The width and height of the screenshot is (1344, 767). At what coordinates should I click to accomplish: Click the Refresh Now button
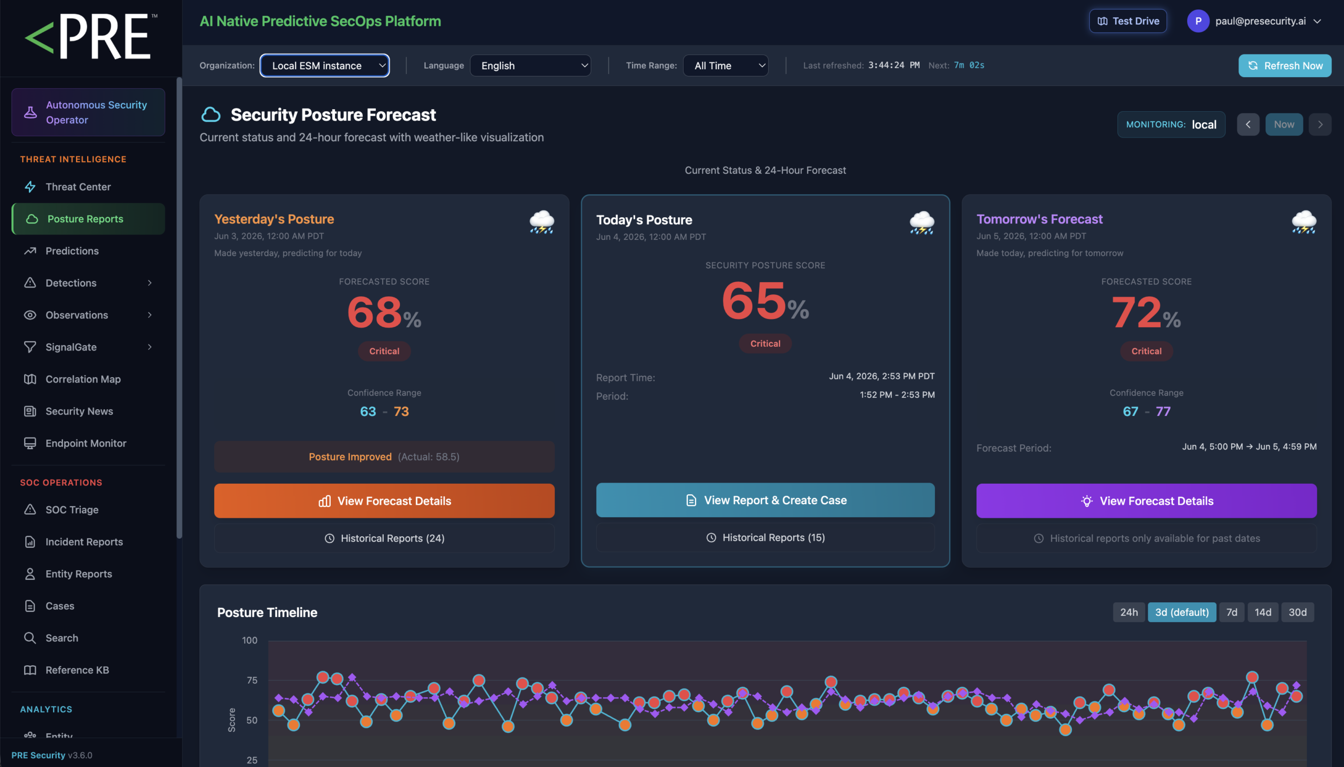(x=1285, y=66)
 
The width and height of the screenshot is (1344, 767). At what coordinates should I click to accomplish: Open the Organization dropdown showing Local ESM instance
(x=324, y=66)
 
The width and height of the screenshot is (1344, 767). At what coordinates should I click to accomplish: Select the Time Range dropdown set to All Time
(x=726, y=66)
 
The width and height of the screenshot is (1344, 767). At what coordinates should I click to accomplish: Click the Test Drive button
(x=1128, y=21)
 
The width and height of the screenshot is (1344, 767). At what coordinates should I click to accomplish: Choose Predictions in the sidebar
(x=72, y=251)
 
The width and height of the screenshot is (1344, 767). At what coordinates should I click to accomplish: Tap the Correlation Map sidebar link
(x=83, y=379)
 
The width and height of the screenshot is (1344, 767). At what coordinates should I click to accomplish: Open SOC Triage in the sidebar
(x=72, y=509)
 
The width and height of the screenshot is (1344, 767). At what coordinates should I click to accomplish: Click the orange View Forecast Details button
(x=384, y=500)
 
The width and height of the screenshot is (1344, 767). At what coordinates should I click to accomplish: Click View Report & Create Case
(x=765, y=500)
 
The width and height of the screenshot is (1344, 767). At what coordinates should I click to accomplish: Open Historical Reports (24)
(x=384, y=538)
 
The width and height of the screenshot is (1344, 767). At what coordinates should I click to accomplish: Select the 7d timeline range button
(x=1232, y=612)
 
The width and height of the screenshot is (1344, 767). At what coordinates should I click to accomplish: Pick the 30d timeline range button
(x=1298, y=612)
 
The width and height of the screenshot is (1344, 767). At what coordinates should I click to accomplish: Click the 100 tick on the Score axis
(x=249, y=640)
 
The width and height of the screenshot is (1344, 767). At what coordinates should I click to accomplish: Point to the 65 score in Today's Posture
(x=754, y=300)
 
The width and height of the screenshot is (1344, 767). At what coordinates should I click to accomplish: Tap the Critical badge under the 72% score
(x=1147, y=351)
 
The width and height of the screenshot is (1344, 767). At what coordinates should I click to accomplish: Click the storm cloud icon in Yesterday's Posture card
(x=542, y=222)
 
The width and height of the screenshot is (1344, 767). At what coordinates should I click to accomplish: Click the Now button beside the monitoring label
(x=1284, y=124)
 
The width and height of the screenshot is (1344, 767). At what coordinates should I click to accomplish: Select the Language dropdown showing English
(x=530, y=66)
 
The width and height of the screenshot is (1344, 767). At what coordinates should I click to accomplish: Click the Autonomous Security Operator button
(x=88, y=112)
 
